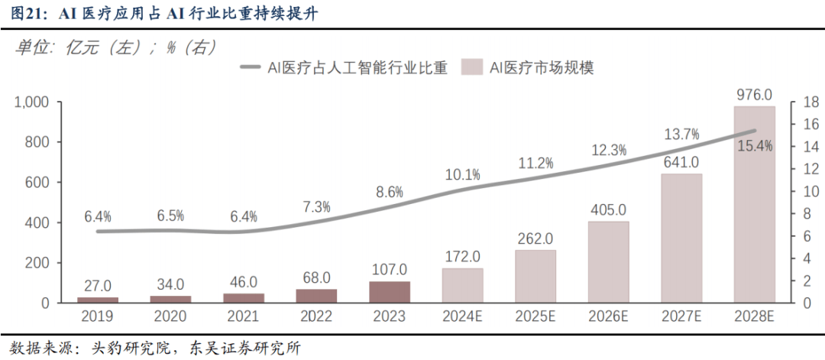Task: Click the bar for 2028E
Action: coord(754,205)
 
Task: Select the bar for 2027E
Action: coord(681,238)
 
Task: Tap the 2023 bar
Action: coord(390,292)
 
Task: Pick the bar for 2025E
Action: coord(535,277)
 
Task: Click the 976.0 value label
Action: coord(754,95)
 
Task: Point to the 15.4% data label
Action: coord(755,145)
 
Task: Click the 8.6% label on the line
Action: coord(389,192)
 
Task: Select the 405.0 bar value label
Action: coord(609,209)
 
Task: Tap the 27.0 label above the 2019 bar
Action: coord(98,286)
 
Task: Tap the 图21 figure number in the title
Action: coord(23,14)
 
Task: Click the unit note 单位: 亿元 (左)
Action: coord(76,47)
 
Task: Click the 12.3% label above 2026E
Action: coord(610,150)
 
